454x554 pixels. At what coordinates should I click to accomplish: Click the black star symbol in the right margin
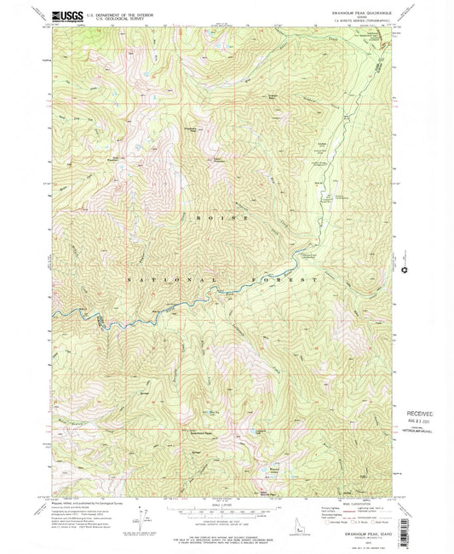pos(403,271)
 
